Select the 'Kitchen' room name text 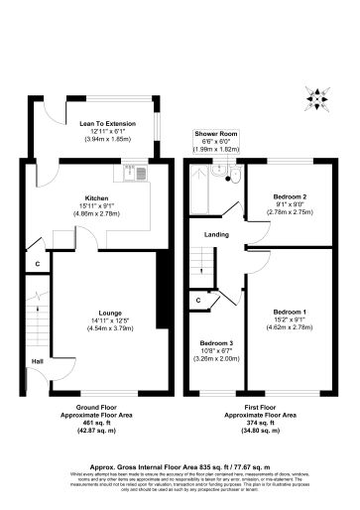(x=96, y=197)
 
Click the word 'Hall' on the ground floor (x=37, y=361)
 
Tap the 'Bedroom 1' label (x=291, y=313)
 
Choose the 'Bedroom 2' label (x=291, y=196)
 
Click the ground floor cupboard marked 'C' (x=37, y=264)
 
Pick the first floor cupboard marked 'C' (x=198, y=299)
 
